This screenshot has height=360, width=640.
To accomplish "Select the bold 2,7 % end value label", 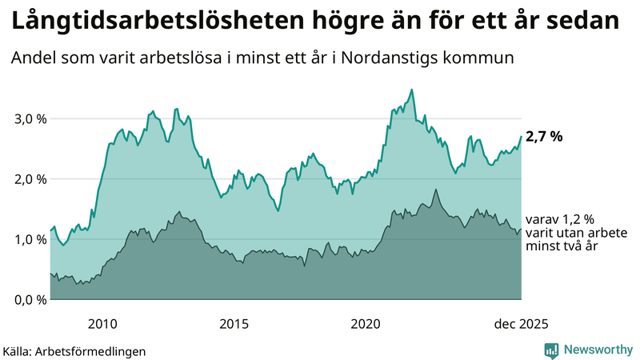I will click(x=544, y=137).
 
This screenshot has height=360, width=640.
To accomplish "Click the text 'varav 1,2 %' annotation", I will click(x=560, y=219).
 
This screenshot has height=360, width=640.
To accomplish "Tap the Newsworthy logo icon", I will click(x=551, y=350).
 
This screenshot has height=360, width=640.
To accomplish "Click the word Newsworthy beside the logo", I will click(x=596, y=350).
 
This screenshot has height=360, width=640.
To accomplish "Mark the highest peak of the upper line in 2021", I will click(x=411, y=90).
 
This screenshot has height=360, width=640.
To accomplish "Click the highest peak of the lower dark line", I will click(x=436, y=190).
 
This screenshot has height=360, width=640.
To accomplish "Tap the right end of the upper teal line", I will click(x=521, y=137).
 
